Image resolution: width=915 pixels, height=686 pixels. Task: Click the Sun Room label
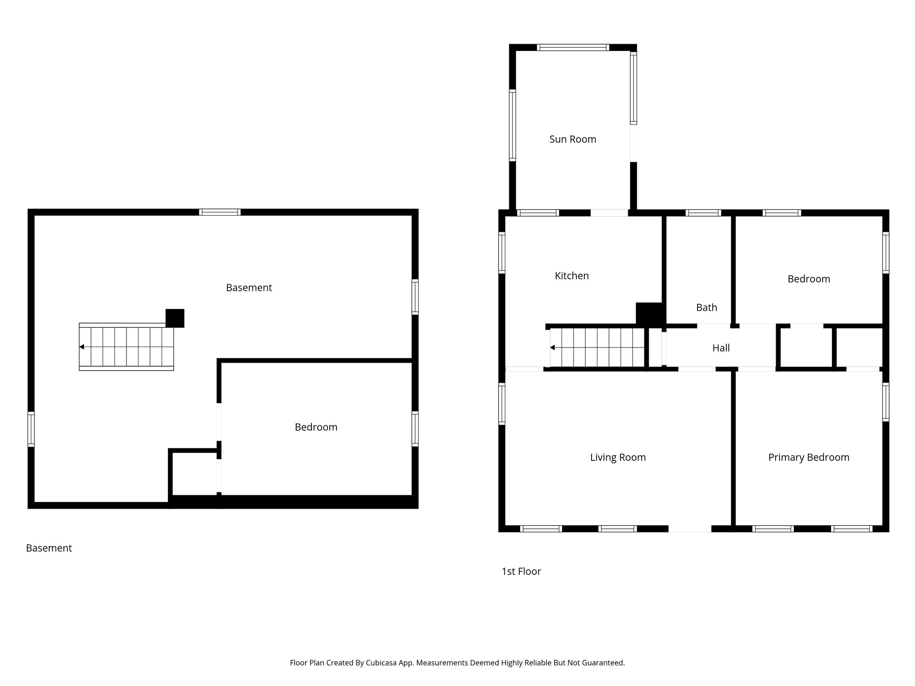572,139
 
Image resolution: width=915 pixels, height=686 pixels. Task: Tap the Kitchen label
571,276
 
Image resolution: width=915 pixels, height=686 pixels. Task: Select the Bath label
706,308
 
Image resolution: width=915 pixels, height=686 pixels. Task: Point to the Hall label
721,348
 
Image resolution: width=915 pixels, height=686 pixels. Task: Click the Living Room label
617,457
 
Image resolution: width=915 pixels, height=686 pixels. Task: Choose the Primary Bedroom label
808,457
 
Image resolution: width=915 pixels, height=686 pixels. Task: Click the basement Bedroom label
316,427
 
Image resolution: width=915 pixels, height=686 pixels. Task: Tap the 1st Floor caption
521,572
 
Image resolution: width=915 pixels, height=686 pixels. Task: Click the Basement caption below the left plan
49,548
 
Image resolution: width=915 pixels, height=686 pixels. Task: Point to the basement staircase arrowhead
82,347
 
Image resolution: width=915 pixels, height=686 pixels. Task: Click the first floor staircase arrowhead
553,347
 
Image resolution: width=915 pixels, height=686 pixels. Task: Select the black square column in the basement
175,318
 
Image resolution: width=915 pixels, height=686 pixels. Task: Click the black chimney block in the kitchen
649,314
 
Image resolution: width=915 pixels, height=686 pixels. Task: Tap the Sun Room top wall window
572,47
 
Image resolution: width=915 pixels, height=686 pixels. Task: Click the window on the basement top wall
219,212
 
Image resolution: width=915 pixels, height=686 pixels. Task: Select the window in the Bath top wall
703,213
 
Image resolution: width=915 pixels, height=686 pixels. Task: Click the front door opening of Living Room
689,529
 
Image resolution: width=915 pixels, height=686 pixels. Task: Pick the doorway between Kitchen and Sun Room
609,213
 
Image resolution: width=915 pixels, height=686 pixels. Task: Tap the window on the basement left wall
31,429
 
